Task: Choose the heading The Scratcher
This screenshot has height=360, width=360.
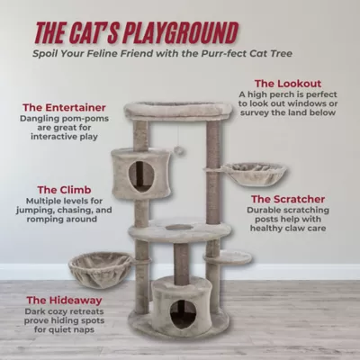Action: click(x=287, y=198)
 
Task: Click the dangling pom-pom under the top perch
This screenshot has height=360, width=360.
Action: click(x=179, y=150)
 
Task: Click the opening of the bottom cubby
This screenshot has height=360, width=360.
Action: click(x=183, y=312)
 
